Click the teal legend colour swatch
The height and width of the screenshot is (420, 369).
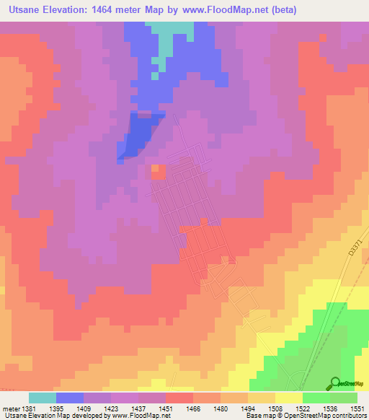point(43,398)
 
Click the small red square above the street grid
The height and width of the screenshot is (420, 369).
point(157,171)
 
